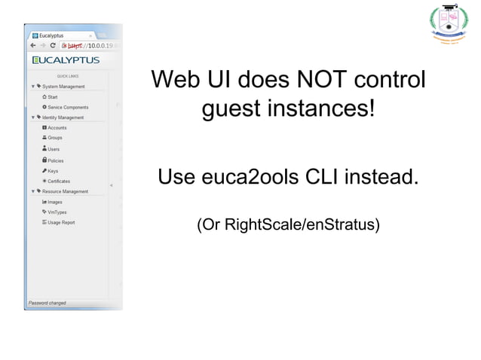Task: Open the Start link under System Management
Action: pyautogui.click(x=54, y=97)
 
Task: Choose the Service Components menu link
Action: pyautogui.click(x=68, y=107)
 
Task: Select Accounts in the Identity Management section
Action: pyautogui.click(x=57, y=128)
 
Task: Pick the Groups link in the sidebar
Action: pyautogui.click(x=55, y=138)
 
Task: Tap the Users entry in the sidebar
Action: pyautogui.click(x=54, y=149)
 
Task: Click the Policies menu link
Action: pyautogui.click(x=56, y=160)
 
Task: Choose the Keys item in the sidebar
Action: pyautogui.click(x=53, y=171)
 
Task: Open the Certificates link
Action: pyautogui.click(x=59, y=181)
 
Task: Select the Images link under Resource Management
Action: pyautogui.click(x=55, y=202)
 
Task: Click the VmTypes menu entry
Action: pyautogui.click(x=57, y=212)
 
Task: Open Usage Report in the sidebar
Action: pyautogui.click(x=60, y=222)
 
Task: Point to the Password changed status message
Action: pyautogui.click(x=47, y=303)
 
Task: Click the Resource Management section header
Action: pyautogui.click(x=65, y=191)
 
